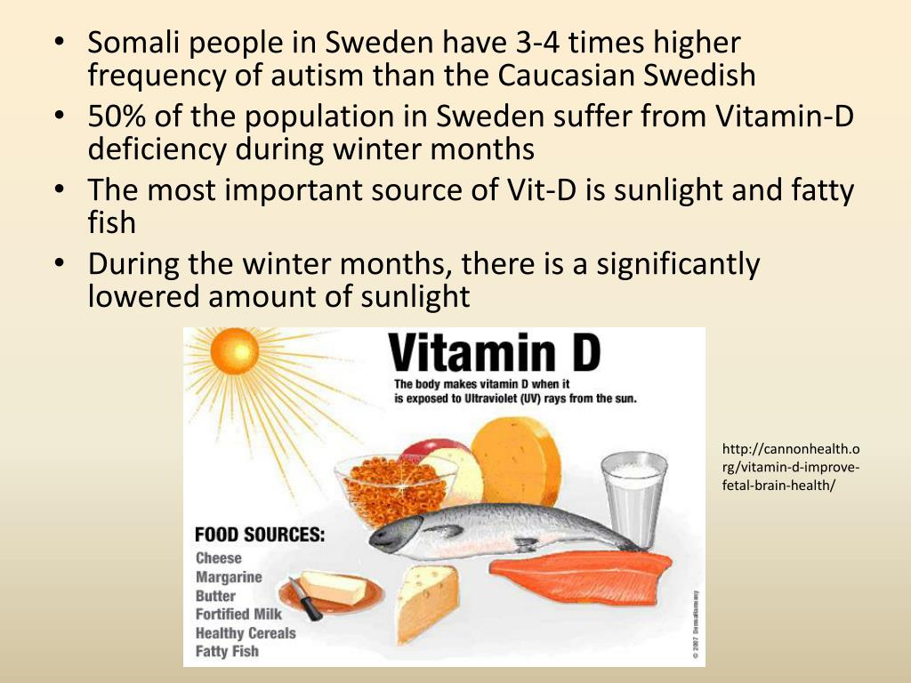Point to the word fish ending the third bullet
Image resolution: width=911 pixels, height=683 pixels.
point(111,222)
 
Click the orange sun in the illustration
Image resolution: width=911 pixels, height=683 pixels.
point(234,350)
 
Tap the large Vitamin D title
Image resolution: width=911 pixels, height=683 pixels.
point(496,353)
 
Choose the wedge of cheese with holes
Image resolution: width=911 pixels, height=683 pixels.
point(426,601)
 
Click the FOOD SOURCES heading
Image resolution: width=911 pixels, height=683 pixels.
point(260,535)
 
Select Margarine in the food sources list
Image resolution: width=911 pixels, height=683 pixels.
point(229,577)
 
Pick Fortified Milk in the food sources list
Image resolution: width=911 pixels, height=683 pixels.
point(238,614)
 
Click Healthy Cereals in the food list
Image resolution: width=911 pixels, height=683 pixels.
point(245,632)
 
